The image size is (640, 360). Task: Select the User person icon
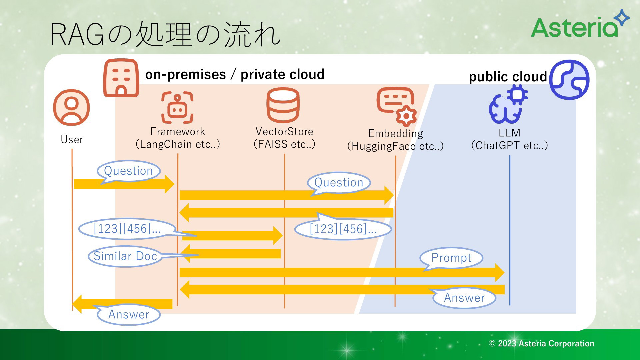tap(71, 108)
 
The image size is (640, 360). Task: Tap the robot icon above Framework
tap(177, 108)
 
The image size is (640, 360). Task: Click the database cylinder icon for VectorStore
tap(283, 105)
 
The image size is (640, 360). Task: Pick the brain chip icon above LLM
tap(508, 104)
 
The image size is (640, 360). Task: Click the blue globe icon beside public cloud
tap(569, 80)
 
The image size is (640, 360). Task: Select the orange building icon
tap(121, 78)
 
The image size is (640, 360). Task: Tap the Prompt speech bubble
tap(451, 259)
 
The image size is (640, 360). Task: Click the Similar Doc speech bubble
tap(125, 256)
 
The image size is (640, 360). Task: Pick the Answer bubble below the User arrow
tap(128, 314)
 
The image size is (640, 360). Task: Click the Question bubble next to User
tap(128, 171)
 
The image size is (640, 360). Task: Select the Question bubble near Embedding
tap(339, 183)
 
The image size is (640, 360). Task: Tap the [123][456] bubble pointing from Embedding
tap(343, 228)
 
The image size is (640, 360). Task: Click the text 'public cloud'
tap(508, 77)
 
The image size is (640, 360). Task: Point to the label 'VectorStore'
tap(284, 131)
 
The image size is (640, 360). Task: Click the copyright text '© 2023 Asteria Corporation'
tap(541, 343)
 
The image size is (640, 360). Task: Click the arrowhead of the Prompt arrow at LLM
tap(500, 273)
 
